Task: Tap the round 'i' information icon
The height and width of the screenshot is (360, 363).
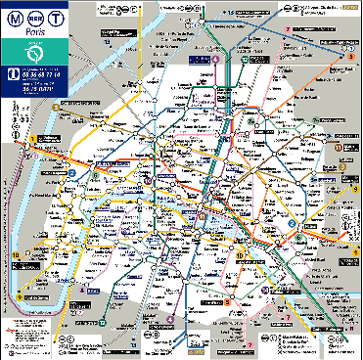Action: click(x=11, y=73)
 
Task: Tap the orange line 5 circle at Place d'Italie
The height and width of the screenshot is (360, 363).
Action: click(x=226, y=302)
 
